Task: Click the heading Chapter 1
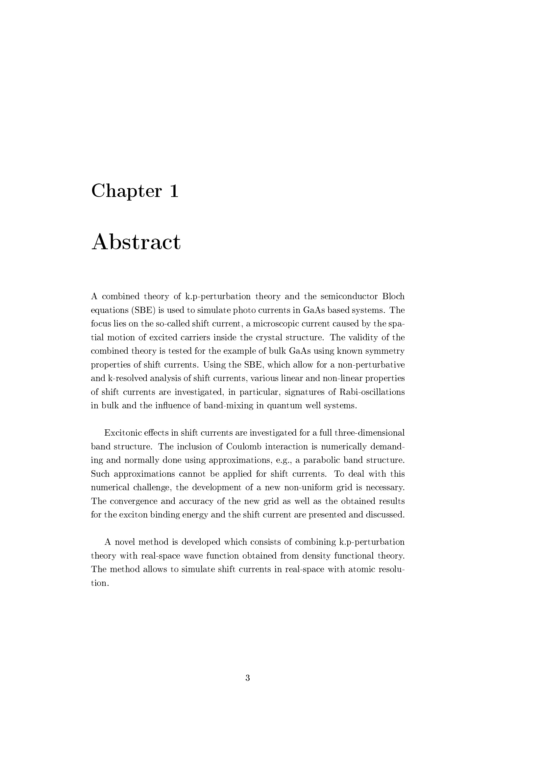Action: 135,191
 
